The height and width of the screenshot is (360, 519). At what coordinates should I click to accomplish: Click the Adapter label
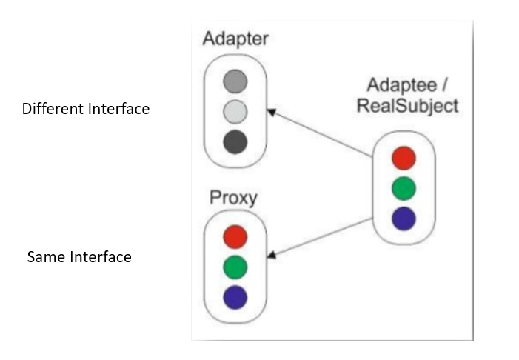point(235,39)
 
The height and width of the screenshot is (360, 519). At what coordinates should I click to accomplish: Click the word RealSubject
point(407,106)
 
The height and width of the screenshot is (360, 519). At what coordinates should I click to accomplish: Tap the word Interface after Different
point(118,109)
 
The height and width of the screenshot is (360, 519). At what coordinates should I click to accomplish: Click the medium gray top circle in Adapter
point(235,81)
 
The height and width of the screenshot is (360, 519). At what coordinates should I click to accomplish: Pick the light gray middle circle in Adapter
point(235,111)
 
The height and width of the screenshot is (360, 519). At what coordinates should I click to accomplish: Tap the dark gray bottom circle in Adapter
point(235,141)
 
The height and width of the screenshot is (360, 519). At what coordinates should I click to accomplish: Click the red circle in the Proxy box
point(235,237)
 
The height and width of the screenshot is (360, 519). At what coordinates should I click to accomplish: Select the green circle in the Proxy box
point(235,267)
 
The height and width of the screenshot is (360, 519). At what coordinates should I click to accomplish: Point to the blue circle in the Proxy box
point(235,297)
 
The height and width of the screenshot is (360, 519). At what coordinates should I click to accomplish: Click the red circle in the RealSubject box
point(404,158)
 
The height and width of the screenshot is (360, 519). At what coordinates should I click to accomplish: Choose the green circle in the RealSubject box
point(404,188)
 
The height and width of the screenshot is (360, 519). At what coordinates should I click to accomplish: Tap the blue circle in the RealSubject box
point(404,218)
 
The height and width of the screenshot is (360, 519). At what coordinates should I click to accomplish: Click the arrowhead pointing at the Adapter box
point(272,113)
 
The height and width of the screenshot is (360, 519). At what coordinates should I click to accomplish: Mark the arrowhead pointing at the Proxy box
point(272,255)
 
